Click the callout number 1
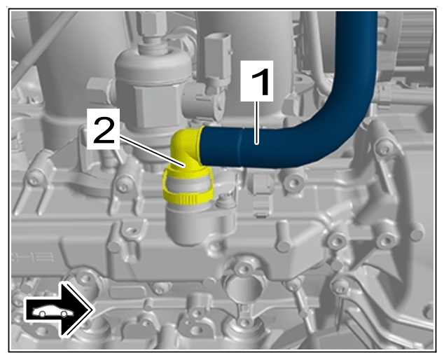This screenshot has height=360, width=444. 257,81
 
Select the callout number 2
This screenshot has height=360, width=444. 104,130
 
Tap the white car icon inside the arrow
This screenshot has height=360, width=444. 53,311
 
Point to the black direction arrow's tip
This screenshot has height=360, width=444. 92,310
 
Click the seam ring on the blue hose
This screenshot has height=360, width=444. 240,146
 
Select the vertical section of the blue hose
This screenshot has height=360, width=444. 356,57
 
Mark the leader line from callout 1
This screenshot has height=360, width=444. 257,123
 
